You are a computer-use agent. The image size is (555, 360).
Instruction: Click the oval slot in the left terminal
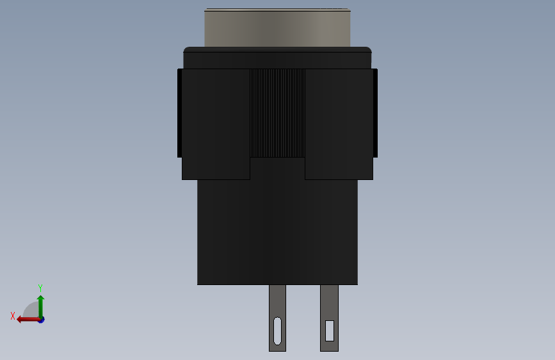[278, 331]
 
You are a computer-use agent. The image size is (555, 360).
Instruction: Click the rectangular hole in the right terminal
[330, 331]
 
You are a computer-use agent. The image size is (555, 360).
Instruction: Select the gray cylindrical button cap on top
[278, 28]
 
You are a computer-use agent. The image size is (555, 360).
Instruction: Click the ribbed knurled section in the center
[278, 113]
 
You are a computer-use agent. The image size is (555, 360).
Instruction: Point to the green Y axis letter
[40, 288]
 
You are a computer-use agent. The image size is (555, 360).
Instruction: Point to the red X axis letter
[13, 316]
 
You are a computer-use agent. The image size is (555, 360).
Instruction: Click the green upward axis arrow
[41, 306]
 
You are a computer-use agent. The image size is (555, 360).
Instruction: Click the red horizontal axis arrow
[29, 320]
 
